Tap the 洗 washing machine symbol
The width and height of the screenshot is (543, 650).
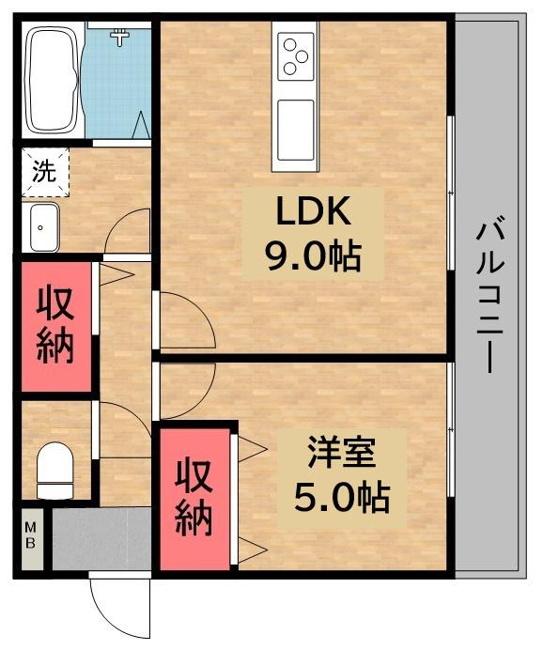[x=43, y=172]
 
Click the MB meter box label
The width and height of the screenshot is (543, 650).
[x=31, y=538]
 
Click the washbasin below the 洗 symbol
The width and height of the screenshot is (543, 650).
[x=42, y=226]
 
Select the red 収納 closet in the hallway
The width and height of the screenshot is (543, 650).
[x=56, y=325]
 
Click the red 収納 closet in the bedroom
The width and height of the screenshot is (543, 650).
[x=195, y=498]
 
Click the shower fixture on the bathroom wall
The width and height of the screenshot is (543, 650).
[x=119, y=37]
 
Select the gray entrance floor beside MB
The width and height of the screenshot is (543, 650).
[x=101, y=538]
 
